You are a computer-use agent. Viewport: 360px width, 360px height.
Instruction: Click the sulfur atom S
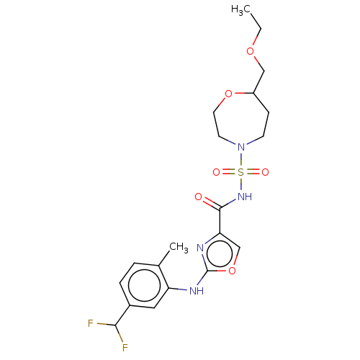[240, 173]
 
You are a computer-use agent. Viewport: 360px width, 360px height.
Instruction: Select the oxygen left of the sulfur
[216, 173]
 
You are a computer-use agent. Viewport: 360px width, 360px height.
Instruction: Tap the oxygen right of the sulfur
[265, 173]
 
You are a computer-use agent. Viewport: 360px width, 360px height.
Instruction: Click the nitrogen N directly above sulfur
[240, 148]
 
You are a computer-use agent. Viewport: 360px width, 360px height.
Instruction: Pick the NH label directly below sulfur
[244, 196]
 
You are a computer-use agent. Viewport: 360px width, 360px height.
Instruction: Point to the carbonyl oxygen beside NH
[199, 197]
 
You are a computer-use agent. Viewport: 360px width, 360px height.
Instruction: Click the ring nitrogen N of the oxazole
[200, 248]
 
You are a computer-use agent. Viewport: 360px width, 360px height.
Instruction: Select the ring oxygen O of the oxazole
[231, 271]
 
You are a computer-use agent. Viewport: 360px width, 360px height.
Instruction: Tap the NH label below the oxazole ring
[197, 291]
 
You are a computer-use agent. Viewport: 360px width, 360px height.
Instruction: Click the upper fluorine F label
[91, 323]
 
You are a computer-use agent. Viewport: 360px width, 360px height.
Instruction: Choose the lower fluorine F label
[125, 348]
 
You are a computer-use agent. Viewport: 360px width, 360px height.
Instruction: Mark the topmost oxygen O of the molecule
[250, 51]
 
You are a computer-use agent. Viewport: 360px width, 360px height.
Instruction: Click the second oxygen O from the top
[229, 94]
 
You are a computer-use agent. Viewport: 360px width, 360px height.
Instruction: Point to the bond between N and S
[240, 161]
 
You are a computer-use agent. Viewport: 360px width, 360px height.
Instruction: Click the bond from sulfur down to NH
[240, 184]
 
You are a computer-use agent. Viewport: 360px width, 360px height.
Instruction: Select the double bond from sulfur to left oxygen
[228, 173]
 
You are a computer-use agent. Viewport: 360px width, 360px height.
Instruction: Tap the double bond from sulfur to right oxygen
[253, 173]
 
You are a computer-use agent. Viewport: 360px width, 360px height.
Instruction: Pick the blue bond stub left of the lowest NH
[182, 289]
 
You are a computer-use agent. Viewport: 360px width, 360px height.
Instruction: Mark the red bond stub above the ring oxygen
[235, 259]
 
